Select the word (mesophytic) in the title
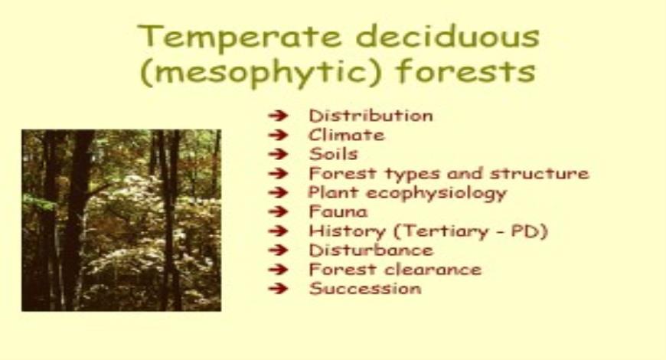257,74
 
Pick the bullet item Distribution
371,116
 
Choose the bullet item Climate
346,136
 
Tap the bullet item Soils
333,155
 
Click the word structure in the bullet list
544,174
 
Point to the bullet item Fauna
338,212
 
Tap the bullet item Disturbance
371,250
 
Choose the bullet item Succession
365,289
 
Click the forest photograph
121,220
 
